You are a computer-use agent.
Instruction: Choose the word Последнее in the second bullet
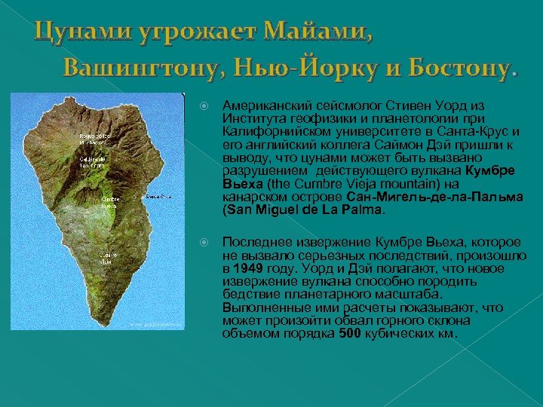pyautogui.click(x=256, y=242)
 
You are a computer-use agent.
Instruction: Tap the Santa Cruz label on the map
pyautogui.click(x=158, y=197)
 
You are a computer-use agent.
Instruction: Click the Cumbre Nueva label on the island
pyautogui.click(x=109, y=201)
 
